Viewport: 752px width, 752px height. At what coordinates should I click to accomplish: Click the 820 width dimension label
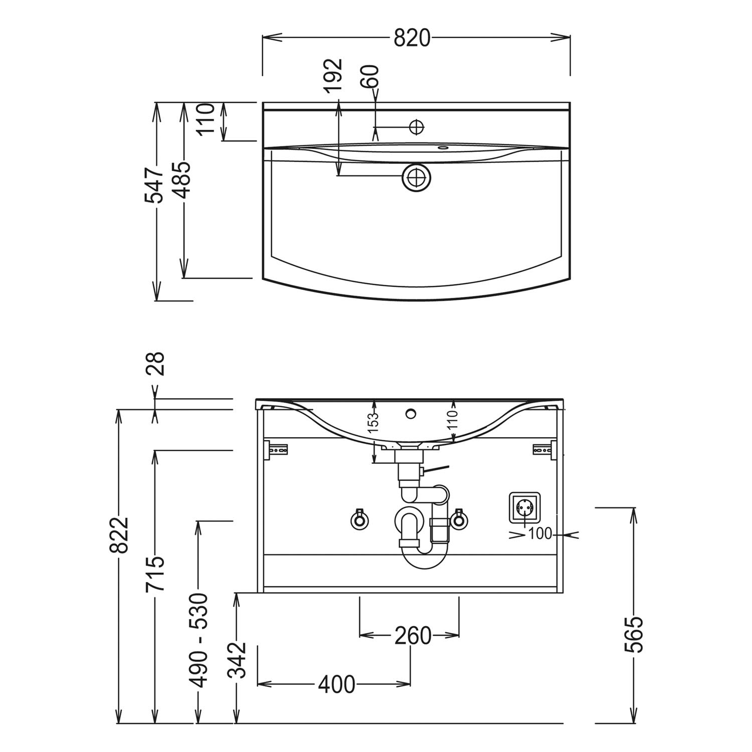click(x=412, y=38)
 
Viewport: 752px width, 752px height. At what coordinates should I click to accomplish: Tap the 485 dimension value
click(x=181, y=179)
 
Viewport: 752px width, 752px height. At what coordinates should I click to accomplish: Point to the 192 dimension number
click(x=333, y=76)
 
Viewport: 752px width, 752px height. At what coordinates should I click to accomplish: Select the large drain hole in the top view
click(x=416, y=177)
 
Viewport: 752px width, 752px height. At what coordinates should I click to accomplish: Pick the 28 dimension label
click(x=155, y=364)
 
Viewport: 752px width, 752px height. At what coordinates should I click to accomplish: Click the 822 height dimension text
click(x=119, y=535)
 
